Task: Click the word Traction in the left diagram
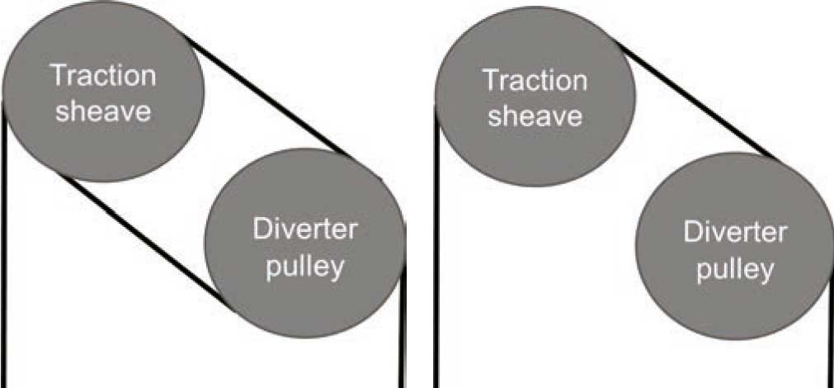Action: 103,76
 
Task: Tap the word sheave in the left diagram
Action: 103,111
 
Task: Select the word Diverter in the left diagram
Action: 305,229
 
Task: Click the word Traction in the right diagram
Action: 535,80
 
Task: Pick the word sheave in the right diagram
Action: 535,115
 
